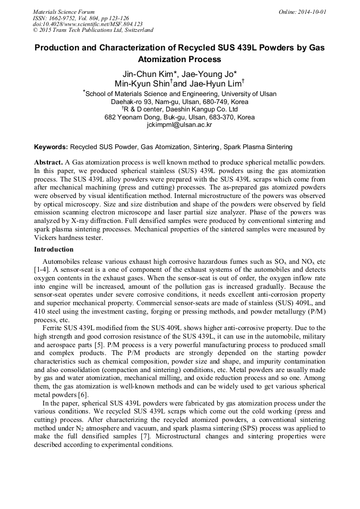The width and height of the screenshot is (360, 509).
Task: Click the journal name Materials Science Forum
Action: click(x=64, y=12)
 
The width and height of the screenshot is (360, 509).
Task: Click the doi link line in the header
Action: click(x=88, y=24)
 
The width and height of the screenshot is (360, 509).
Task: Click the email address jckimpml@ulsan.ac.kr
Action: click(x=179, y=125)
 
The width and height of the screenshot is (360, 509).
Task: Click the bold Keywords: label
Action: click(x=51, y=146)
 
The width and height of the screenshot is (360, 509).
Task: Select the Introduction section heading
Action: click(x=54, y=249)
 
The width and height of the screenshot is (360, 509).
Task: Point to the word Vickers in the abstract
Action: click(x=47, y=238)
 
